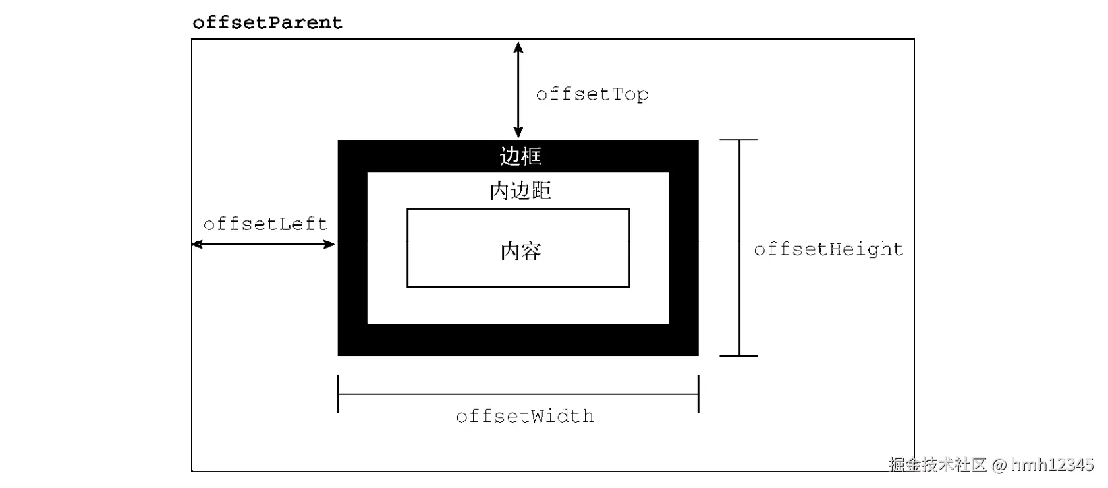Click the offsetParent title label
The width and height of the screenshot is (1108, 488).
[x=267, y=23]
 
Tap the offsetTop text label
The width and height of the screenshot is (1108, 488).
[x=592, y=94]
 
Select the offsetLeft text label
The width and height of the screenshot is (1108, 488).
[x=265, y=224]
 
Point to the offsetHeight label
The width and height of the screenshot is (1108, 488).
[x=828, y=249]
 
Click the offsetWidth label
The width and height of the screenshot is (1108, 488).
[x=524, y=416]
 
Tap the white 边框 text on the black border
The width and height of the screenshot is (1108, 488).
[x=520, y=156]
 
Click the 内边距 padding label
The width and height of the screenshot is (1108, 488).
[x=520, y=191]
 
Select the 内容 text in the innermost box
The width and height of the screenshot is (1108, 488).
[x=520, y=251]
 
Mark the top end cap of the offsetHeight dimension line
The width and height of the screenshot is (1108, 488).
[x=739, y=140]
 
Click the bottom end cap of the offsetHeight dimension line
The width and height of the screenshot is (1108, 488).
[x=739, y=355]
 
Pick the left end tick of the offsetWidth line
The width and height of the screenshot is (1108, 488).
[x=338, y=394]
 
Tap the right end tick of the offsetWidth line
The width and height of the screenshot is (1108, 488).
[x=698, y=394]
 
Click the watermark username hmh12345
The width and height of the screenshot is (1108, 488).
[x=1052, y=465]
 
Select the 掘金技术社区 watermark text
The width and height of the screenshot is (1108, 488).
[x=937, y=465]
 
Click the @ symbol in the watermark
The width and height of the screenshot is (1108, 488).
[x=999, y=465]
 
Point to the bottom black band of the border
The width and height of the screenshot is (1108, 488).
[x=518, y=340]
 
